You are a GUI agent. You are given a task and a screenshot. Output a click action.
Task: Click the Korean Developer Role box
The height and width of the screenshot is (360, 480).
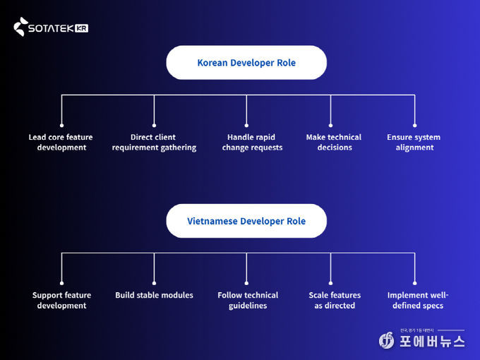point(246,63)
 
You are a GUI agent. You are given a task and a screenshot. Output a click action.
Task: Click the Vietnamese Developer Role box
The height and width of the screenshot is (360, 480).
point(246,221)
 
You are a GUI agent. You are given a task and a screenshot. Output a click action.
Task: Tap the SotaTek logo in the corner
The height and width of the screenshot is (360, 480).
point(51,28)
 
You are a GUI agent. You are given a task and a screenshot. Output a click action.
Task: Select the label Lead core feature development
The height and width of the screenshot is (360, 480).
point(61,142)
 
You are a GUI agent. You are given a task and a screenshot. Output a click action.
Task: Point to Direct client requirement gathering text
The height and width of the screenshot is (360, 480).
point(154,142)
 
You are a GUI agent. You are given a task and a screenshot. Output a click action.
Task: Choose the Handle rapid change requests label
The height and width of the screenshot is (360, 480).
point(252,142)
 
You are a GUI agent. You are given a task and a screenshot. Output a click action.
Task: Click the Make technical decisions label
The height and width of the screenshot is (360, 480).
point(334,142)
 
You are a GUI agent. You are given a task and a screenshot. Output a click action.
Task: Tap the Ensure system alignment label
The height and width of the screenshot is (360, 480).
point(414,142)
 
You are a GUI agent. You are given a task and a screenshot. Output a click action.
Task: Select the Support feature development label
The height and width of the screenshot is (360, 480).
point(61,300)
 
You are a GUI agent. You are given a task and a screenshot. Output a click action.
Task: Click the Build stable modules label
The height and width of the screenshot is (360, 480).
point(154,295)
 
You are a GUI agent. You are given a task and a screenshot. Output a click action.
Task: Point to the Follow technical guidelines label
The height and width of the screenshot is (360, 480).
point(248,300)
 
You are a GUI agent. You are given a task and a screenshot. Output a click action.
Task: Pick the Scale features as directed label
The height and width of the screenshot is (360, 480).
point(335,300)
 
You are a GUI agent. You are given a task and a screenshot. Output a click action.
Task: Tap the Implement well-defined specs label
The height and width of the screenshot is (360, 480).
point(418,300)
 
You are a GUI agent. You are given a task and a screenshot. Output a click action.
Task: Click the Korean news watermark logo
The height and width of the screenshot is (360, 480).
point(422,340)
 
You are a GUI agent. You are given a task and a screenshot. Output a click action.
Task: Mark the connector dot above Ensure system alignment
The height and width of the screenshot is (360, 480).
point(415,124)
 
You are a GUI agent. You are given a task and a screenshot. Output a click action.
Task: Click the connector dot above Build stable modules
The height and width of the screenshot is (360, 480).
point(154,282)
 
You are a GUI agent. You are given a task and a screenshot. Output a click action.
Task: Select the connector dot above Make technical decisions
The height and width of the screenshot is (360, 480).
point(330,124)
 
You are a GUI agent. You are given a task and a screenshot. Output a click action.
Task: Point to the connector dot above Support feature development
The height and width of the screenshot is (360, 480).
point(62,282)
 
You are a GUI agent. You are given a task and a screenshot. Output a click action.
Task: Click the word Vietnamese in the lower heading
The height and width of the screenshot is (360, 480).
point(212,221)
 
